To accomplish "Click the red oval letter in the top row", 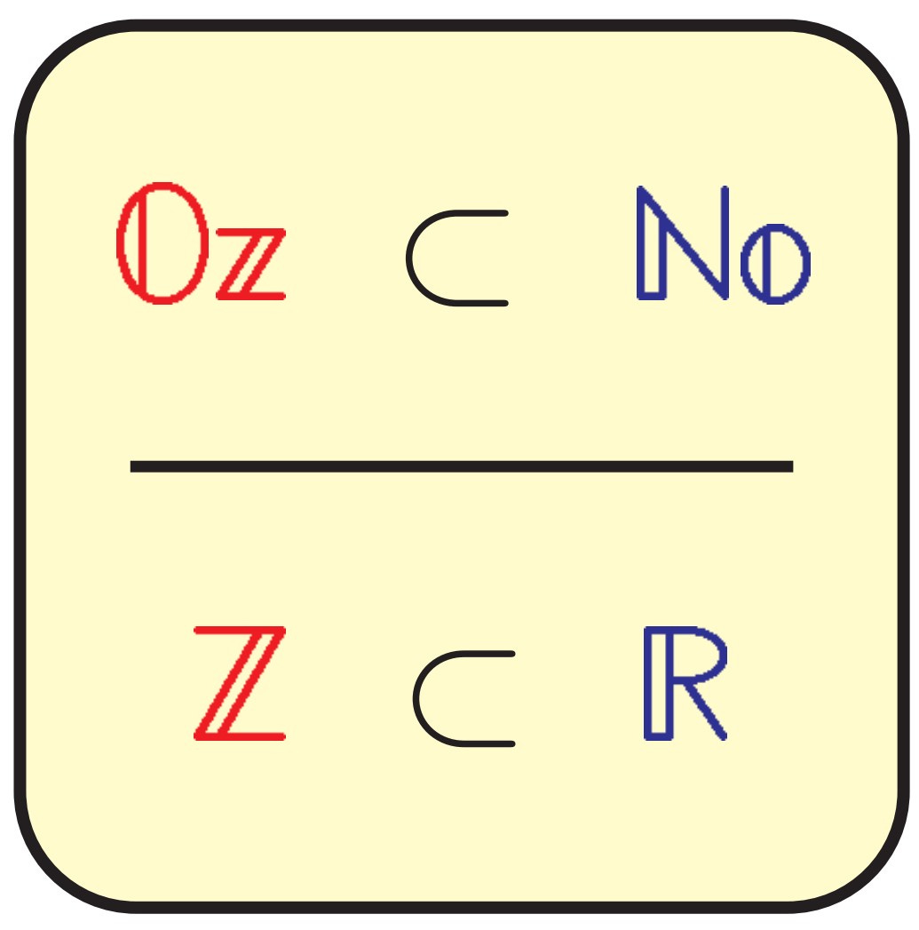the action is tap(147, 243).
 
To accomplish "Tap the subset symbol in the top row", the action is tap(455, 258).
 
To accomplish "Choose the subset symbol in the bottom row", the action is tap(462, 698).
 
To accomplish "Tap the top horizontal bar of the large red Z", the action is tap(240, 631).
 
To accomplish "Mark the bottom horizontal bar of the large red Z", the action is tap(240, 735).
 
